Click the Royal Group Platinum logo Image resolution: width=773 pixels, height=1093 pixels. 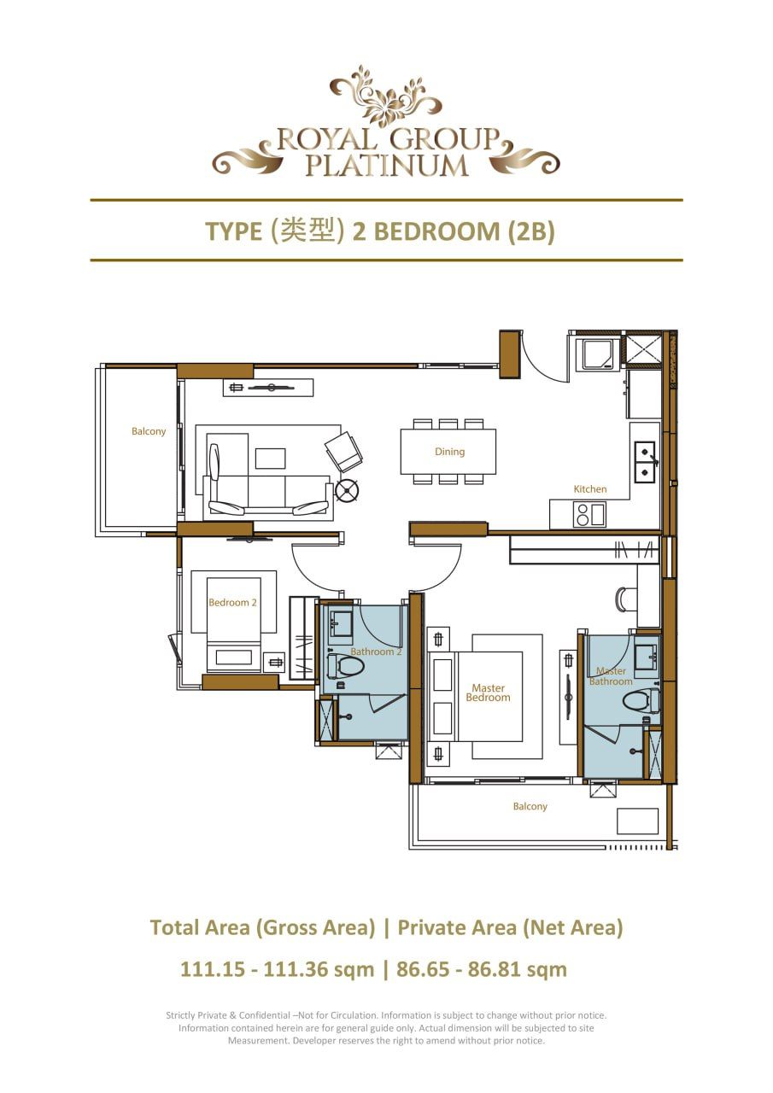click(386, 124)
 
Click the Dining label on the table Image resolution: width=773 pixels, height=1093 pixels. click(449, 452)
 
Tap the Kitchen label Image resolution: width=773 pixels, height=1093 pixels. click(589, 489)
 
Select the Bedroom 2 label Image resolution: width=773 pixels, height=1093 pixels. click(232, 602)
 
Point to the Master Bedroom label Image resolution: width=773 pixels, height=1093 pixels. click(489, 693)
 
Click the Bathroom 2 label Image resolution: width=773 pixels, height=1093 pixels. click(376, 652)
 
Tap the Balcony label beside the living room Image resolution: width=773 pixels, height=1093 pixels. click(149, 431)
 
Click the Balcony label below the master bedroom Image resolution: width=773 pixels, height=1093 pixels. click(530, 806)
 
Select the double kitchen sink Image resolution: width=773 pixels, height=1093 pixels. click(644, 462)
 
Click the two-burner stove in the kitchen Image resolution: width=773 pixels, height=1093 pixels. click(589, 515)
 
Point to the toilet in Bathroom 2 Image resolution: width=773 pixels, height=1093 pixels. click(344, 666)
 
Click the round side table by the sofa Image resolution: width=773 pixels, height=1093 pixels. click(348, 490)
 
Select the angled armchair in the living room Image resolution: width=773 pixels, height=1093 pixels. click(343, 451)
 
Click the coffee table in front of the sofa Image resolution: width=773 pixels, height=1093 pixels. click(270, 459)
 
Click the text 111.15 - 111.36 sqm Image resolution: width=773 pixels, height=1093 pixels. click(277, 969)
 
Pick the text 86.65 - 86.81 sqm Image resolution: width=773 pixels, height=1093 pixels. click(483, 969)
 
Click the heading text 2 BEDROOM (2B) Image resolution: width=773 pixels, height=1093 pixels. click(453, 231)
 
